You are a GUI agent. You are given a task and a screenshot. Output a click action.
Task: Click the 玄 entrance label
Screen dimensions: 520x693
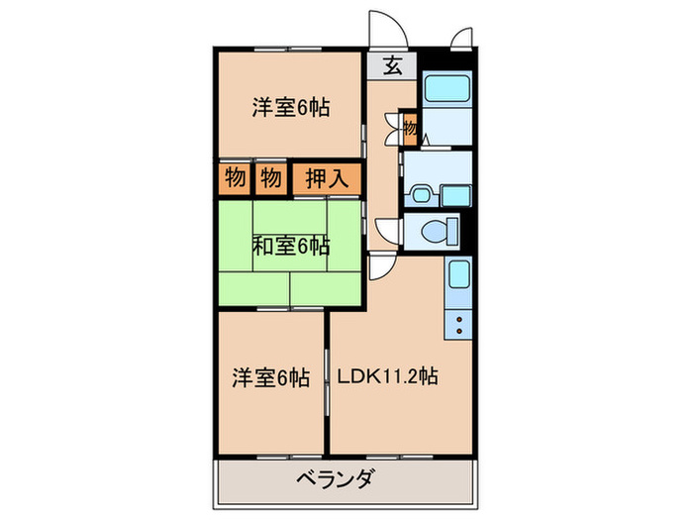tap(393, 66)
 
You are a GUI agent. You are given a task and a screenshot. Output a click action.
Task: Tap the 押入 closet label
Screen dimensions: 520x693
tap(324, 179)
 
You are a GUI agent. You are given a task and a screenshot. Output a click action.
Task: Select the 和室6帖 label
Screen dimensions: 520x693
tap(291, 245)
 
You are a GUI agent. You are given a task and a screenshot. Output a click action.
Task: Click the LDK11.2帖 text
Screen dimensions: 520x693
tap(387, 376)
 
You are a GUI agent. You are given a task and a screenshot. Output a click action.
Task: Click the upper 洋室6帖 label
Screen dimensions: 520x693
tap(290, 108)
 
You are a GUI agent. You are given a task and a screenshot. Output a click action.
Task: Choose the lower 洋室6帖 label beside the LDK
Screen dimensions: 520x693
tap(270, 377)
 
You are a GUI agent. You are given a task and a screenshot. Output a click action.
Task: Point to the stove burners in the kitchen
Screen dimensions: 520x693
tap(459, 323)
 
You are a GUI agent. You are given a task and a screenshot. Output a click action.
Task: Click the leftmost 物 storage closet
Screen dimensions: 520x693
tap(235, 179)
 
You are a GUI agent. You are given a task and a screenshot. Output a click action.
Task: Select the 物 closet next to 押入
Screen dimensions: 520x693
tap(269, 179)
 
